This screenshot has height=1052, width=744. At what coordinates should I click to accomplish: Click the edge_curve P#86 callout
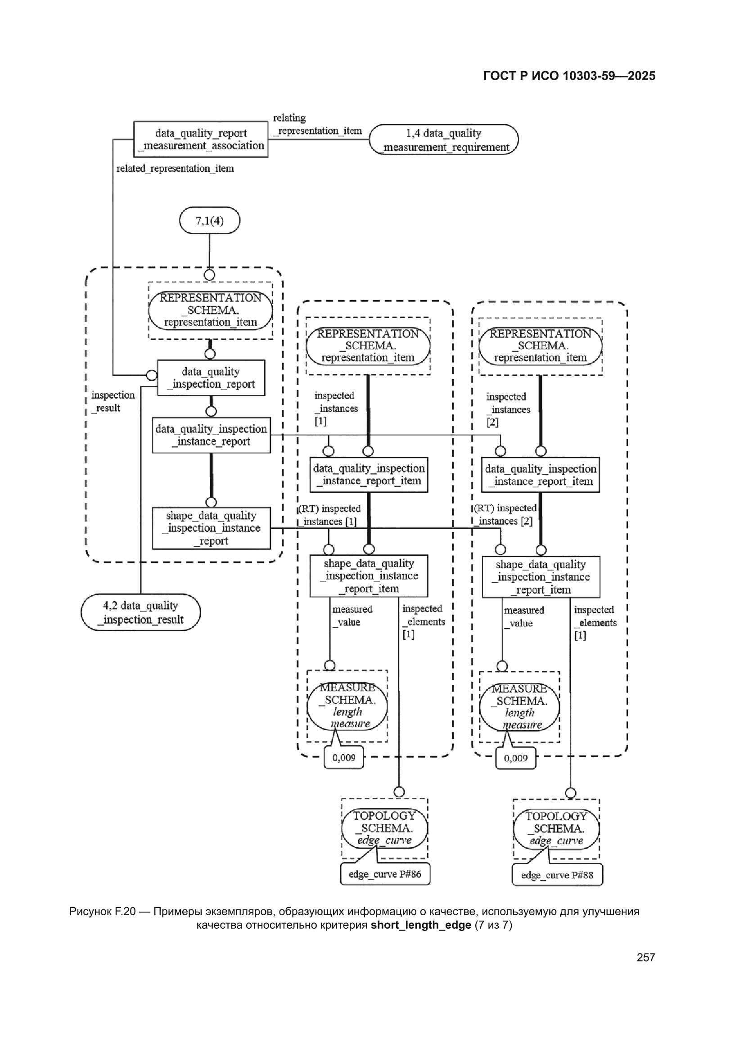[385, 874]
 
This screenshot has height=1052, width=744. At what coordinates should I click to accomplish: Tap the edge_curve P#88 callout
[557, 875]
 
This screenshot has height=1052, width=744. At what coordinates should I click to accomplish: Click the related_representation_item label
[175, 169]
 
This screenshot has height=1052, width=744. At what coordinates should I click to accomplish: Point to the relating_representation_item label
[317, 124]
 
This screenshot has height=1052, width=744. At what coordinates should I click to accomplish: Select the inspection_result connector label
[113, 401]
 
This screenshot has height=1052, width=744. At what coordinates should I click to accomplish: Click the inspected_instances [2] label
[508, 409]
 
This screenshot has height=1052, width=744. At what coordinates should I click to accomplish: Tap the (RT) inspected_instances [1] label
[329, 515]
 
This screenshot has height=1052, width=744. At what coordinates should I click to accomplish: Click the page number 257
[646, 957]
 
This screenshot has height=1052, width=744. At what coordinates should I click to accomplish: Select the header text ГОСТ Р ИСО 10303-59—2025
[569, 76]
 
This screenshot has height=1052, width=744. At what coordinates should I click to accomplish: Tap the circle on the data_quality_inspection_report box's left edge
[151, 375]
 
